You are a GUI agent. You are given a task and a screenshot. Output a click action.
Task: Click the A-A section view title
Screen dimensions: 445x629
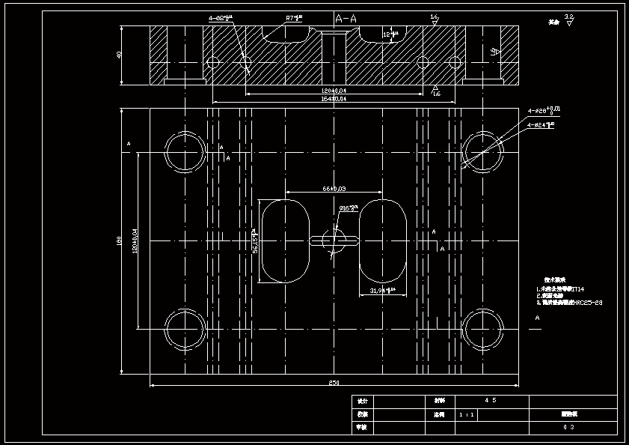[x=346, y=18]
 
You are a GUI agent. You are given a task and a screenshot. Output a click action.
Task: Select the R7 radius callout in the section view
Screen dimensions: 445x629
[x=293, y=18]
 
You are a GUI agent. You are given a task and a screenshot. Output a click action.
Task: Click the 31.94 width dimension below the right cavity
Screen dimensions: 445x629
[x=382, y=290]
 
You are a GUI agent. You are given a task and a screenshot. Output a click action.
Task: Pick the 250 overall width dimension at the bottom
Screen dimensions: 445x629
[x=334, y=383]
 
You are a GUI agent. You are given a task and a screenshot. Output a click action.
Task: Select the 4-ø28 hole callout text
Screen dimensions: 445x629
[x=544, y=111]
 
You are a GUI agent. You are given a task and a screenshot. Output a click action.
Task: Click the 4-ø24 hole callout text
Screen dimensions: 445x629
[x=540, y=125]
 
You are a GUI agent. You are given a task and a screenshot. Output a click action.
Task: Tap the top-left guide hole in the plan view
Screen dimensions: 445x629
[x=185, y=152]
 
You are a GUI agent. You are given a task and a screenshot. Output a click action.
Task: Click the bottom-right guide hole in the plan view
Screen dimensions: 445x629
[x=482, y=330]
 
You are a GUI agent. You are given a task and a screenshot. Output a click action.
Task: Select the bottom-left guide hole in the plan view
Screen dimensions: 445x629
[x=185, y=330]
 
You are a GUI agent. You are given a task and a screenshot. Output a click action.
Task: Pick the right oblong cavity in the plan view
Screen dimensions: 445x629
[x=383, y=240]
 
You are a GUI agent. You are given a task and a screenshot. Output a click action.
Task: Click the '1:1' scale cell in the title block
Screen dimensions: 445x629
[x=466, y=414]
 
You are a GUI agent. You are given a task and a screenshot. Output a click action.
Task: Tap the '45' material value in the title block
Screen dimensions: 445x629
[x=491, y=401]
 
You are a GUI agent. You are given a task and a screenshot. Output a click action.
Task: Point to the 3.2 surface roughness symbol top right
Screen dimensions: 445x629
[x=568, y=19]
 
